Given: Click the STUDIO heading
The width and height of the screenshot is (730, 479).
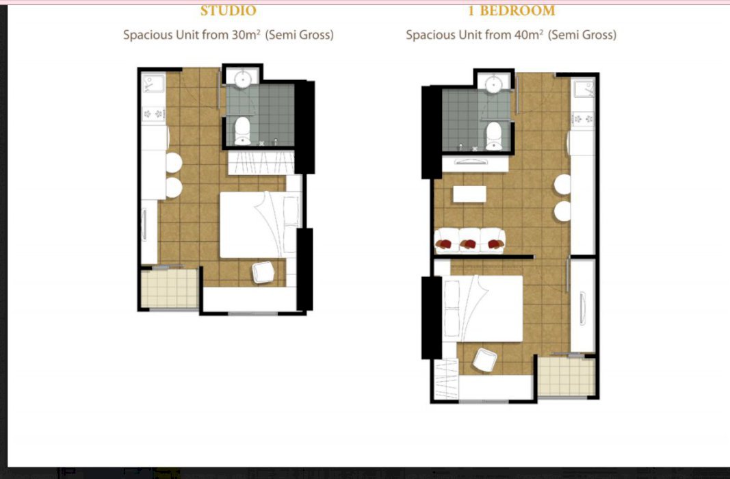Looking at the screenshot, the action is (228, 11).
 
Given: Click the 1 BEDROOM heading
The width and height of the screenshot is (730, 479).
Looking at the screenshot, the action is (511, 11).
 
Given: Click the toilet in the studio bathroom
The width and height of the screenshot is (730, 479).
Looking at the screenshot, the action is (242, 131).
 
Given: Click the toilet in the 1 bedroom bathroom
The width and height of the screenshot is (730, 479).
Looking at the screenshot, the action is (494, 136).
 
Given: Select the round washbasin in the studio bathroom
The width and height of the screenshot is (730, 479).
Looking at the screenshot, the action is (243, 79).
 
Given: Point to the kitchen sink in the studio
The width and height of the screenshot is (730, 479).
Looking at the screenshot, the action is (153, 84).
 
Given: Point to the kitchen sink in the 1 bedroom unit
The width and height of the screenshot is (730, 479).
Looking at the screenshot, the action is (584, 89).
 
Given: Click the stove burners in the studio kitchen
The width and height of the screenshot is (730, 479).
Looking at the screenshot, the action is (154, 114).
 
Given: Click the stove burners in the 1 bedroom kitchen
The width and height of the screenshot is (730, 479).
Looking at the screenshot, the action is (583, 118).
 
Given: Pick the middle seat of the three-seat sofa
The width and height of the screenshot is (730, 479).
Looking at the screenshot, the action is (470, 240).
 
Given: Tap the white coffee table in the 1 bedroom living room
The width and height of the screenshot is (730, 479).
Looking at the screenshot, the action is (469, 194).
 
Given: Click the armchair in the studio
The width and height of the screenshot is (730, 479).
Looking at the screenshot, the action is (263, 272).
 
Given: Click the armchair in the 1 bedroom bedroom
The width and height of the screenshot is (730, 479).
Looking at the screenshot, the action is (484, 360).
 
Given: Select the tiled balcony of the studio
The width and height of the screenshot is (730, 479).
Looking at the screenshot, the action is (170, 288).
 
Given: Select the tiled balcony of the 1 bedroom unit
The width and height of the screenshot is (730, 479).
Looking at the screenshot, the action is (566, 376).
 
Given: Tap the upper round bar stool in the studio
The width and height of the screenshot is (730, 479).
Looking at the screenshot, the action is (173, 162).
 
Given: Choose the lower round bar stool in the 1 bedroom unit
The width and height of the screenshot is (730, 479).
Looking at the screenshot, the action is (562, 211).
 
